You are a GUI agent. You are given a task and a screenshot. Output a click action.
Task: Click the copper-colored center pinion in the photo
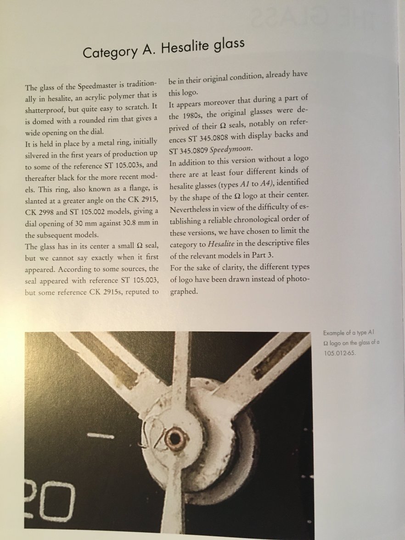pyautogui.click(x=175, y=438)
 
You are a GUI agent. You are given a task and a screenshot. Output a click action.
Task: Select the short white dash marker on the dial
pyautogui.click(x=101, y=435)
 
